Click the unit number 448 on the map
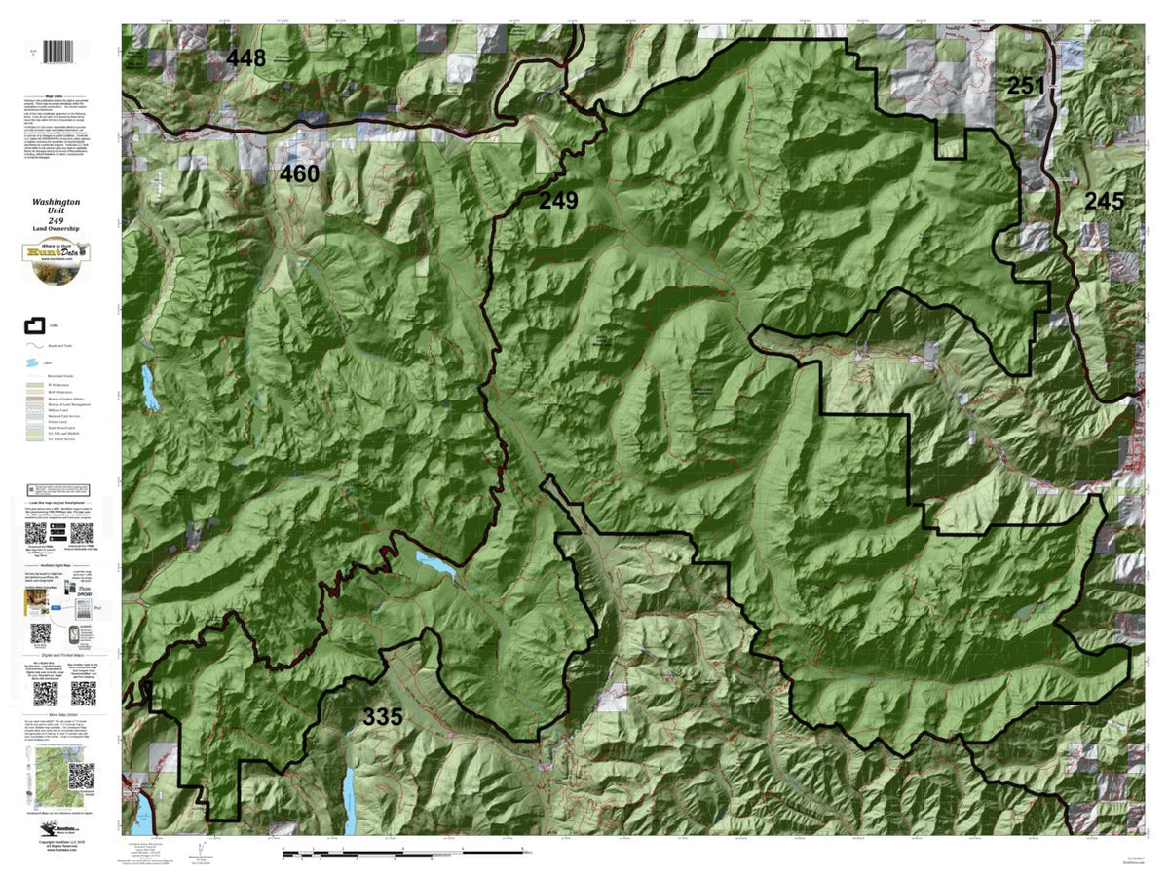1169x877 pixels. point(245,58)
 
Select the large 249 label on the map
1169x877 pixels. point(558,202)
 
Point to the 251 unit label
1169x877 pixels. point(1026,86)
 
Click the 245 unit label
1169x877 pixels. point(1105,202)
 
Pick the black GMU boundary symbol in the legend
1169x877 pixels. point(32,324)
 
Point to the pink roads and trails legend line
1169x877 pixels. point(33,345)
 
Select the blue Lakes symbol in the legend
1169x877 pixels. point(33,363)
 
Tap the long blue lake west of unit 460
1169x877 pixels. point(149,387)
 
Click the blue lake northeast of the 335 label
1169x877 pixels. point(434,563)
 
